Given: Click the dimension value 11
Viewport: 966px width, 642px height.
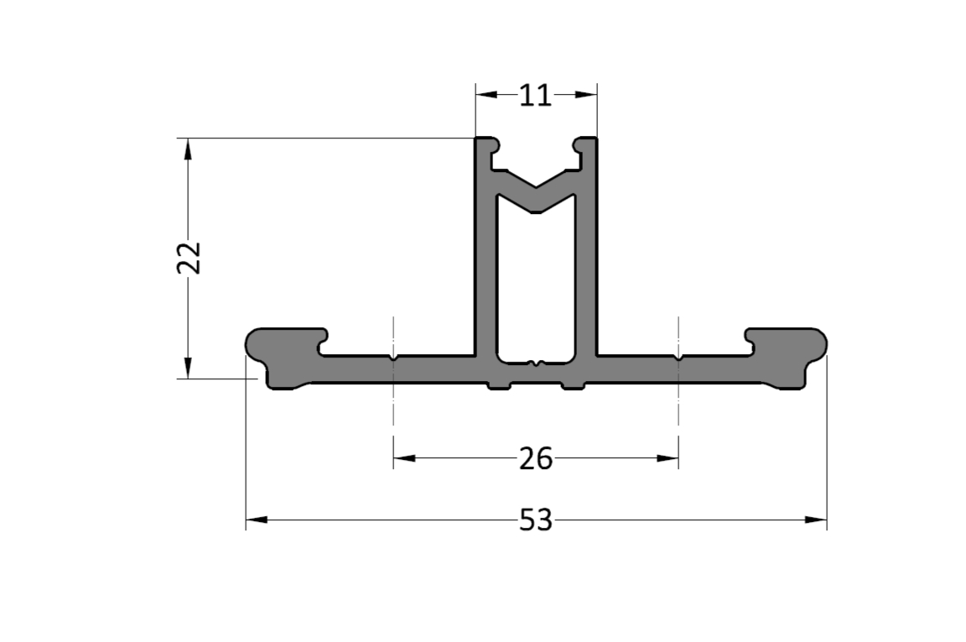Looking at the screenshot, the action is coord(535,96).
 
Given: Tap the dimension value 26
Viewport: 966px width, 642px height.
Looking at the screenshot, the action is coord(536,459).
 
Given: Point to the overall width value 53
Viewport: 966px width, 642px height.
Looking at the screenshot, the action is coord(536,520).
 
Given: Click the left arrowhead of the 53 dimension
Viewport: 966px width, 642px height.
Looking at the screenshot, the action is coord(257,519).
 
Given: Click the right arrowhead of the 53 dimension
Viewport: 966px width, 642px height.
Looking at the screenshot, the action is coord(816,519).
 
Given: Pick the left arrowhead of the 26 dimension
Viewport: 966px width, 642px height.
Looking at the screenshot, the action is coord(404,458).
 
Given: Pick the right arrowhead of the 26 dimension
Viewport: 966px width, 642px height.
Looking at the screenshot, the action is coord(667,458).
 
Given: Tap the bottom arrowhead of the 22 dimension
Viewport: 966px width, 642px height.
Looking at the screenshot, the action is coord(188,368).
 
